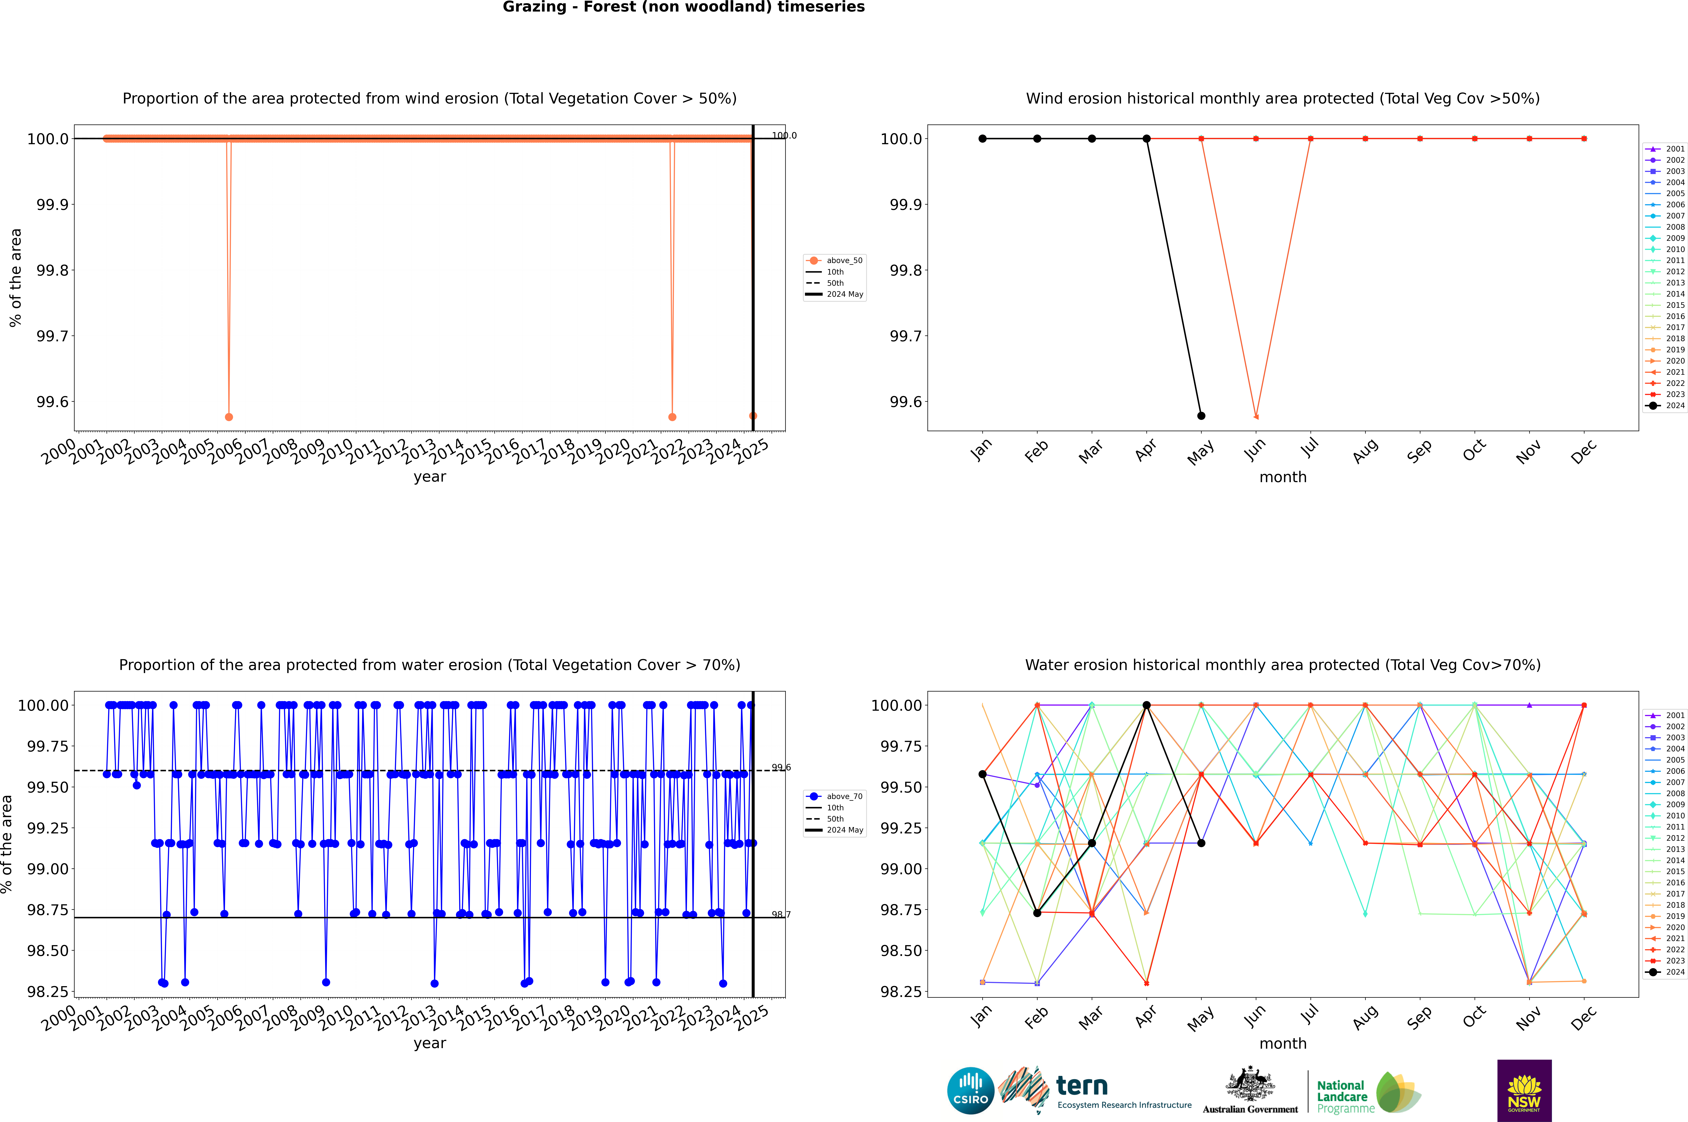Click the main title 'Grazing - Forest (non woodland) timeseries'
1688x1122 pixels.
[683, 7]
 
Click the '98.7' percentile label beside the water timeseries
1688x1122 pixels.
[781, 914]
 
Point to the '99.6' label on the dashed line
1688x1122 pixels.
[781, 768]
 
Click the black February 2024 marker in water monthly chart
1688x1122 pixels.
[1037, 913]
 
